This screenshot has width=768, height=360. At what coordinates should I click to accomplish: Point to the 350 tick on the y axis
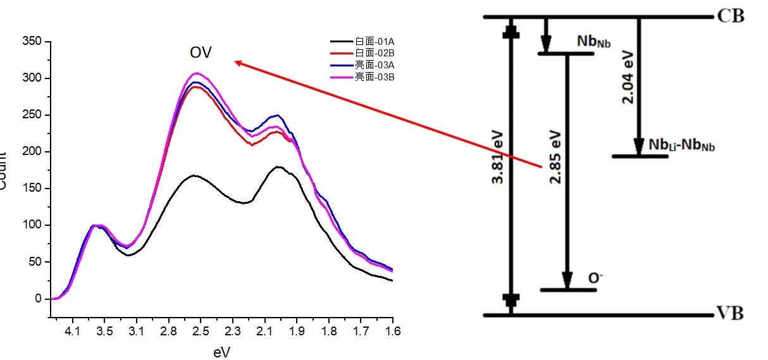point(33,42)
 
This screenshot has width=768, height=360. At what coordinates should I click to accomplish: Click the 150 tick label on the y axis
point(33,189)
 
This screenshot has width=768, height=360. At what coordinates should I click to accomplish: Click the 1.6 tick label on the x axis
point(392,330)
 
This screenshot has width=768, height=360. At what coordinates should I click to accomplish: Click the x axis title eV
point(222,351)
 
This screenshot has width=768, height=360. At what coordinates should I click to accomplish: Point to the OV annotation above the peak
point(201,53)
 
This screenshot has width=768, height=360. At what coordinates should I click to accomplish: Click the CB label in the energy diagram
point(731,16)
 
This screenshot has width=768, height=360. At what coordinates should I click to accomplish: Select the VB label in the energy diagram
point(731,314)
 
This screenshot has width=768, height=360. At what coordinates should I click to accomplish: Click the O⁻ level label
point(595,278)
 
